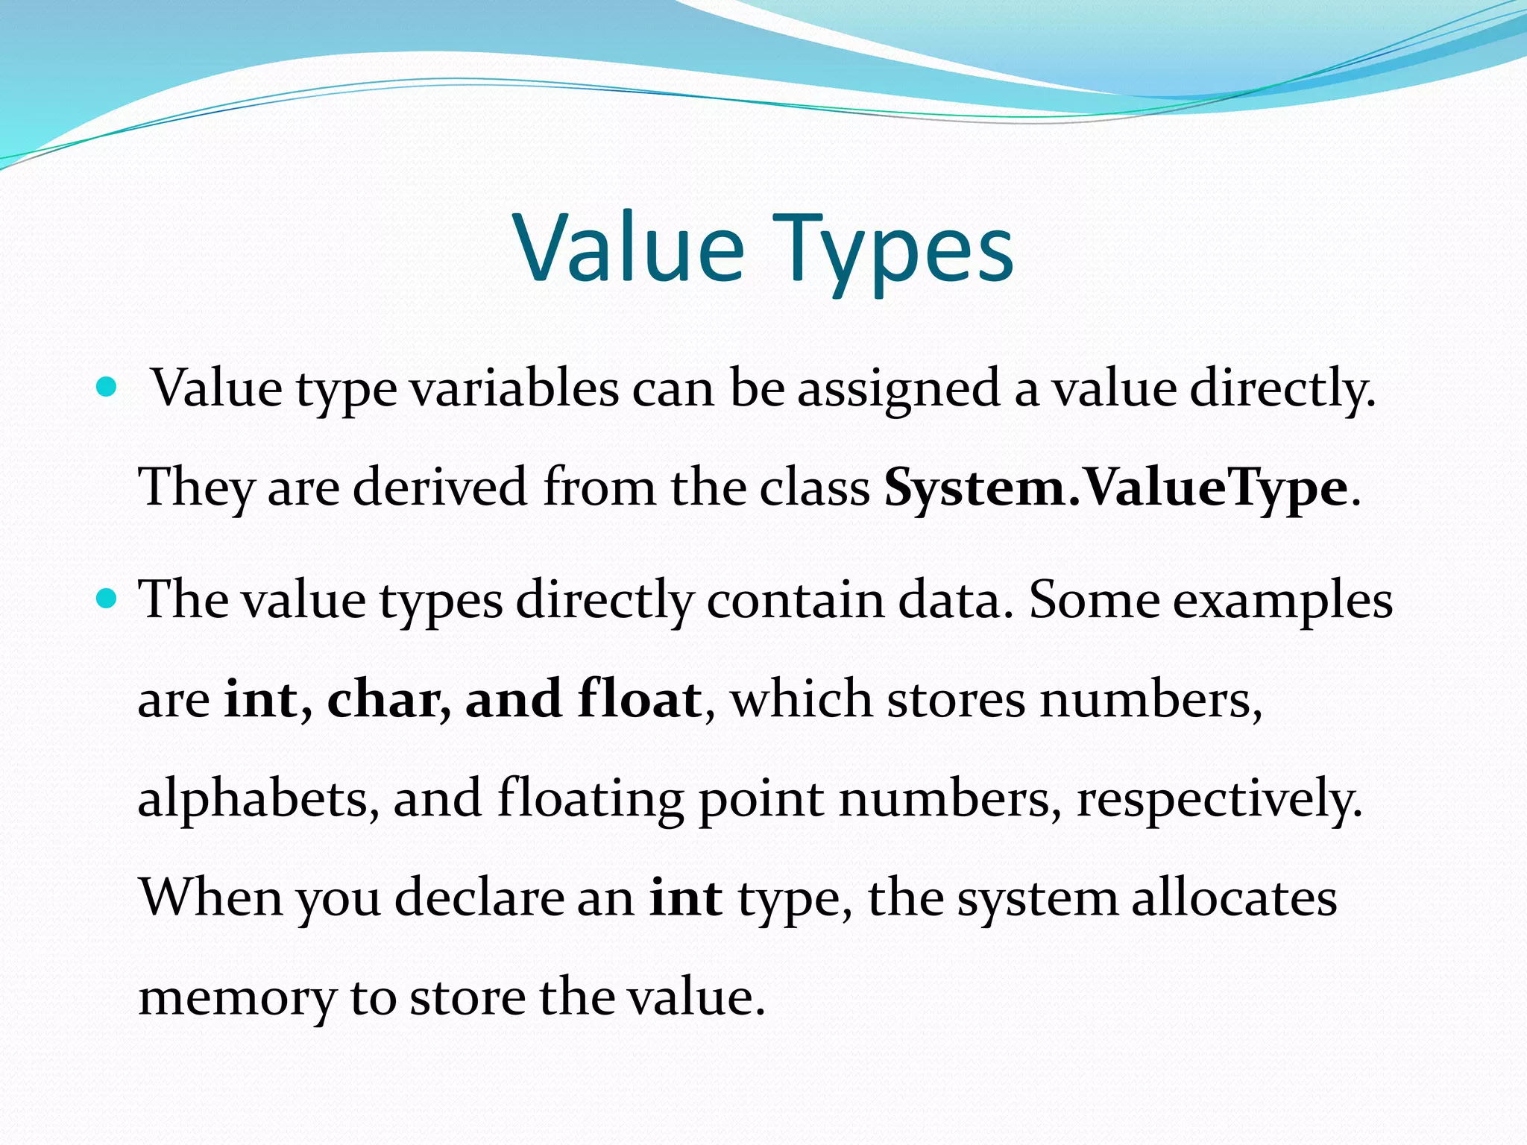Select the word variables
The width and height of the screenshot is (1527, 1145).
[x=514, y=389]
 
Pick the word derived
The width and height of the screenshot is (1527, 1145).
[x=440, y=488]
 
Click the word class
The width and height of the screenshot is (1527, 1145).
[x=815, y=488]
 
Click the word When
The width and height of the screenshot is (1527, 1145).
[x=211, y=898]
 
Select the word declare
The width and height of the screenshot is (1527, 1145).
[x=478, y=898]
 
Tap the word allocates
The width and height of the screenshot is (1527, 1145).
[x=1234, y=898]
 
